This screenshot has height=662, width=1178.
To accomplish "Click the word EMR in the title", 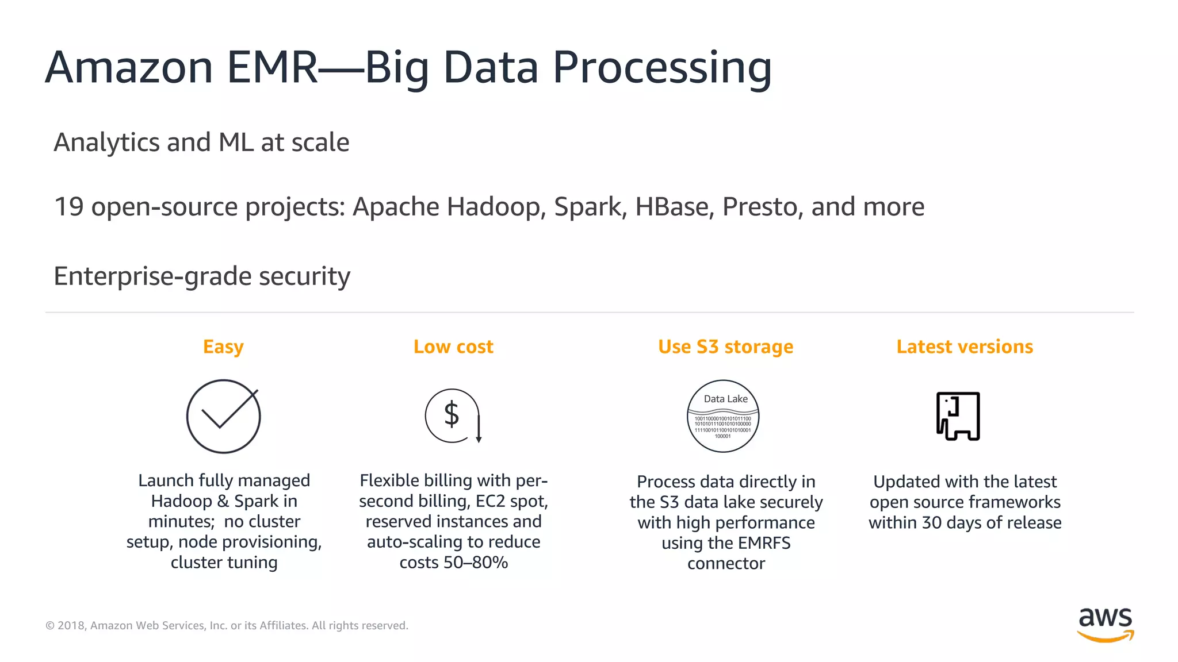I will (x=272, y=68).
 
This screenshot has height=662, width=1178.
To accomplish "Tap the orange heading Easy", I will (x=223, y=347).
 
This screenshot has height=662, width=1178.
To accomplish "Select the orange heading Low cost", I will (x=453, y=347).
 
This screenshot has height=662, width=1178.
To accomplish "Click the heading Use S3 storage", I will (x=725, y=347).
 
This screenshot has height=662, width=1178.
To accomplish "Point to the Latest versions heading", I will (x=965, y=347).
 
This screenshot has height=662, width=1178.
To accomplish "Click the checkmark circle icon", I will (x=223, y=416).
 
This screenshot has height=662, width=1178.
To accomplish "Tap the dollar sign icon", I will (x=452, y=414).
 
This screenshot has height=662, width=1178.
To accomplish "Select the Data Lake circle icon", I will (x=723, y=416).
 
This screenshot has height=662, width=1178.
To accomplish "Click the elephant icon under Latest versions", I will (x=958, y=416).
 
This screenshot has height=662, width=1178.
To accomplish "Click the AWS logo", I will (x=1105, y=624).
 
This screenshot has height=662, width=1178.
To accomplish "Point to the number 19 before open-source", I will (x=68, y=207).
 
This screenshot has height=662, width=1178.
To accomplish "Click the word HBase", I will (x=674, y=207).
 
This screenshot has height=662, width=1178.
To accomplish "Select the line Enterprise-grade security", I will (x=202, y=276).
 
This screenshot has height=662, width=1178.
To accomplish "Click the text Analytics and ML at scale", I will (x=201, y=143).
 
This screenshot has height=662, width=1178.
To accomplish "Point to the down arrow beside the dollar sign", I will (x=479, y=428).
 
